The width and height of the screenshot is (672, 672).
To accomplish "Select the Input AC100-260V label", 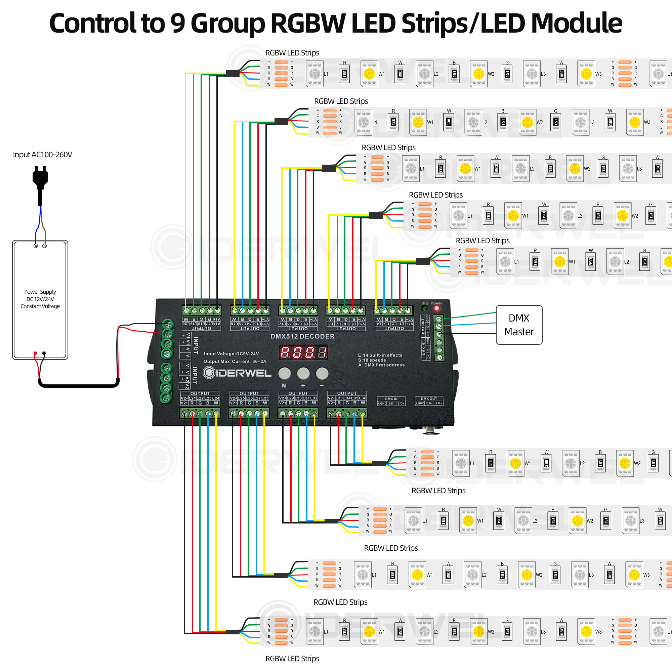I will [42, 155].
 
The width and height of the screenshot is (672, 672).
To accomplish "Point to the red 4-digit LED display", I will [303, 352].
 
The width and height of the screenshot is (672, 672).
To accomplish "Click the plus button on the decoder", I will [303, 374].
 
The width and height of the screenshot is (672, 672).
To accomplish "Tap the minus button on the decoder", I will [322, 374].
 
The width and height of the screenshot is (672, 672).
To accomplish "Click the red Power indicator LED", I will [436, 308].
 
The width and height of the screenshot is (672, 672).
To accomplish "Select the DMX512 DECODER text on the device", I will [302, 336].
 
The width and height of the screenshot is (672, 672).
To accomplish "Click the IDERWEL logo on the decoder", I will [237, 373].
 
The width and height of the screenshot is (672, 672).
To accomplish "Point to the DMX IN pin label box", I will [391, 401].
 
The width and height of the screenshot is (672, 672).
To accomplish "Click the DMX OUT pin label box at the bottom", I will [429, 401].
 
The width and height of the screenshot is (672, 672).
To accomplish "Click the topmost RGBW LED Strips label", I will [292, 53].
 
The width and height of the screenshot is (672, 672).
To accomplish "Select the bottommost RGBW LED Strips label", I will [292, 659].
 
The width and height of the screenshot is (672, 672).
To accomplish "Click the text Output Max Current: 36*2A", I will [235, 362].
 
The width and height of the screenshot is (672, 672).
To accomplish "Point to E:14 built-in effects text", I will [380, 355].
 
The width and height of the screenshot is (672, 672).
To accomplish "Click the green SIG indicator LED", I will [425, 308].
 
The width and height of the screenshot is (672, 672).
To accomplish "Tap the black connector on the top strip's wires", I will [233, 73].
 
